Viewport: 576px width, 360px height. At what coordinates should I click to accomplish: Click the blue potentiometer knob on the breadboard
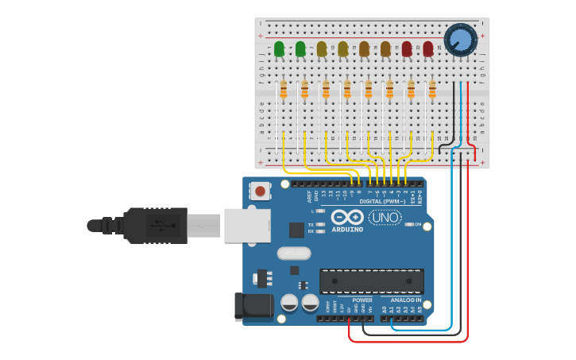point(460,40)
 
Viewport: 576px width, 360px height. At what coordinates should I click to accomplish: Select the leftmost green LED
point(279,49)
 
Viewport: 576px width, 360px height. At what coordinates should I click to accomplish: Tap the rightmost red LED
point(428,49)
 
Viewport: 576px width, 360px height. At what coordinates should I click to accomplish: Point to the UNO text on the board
point(385,217)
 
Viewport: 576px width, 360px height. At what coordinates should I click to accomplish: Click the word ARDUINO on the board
point(347,230)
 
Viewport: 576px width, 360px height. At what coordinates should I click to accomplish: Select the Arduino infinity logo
point(347,217)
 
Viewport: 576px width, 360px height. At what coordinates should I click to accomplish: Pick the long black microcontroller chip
point(371,281)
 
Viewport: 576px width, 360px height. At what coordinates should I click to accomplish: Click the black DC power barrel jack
point(253,308)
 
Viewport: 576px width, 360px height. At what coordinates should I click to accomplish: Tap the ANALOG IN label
point(406,300)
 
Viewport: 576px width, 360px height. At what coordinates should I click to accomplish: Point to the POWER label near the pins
point(361,300)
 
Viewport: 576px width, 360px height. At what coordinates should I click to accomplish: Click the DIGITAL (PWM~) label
point(382,202)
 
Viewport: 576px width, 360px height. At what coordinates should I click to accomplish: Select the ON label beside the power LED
point(417,224)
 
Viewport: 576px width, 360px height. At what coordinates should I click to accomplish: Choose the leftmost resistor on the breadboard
point(283,90)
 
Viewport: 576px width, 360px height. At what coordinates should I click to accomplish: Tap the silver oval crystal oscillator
point(294,254)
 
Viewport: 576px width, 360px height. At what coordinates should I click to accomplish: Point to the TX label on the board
point(311,224)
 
